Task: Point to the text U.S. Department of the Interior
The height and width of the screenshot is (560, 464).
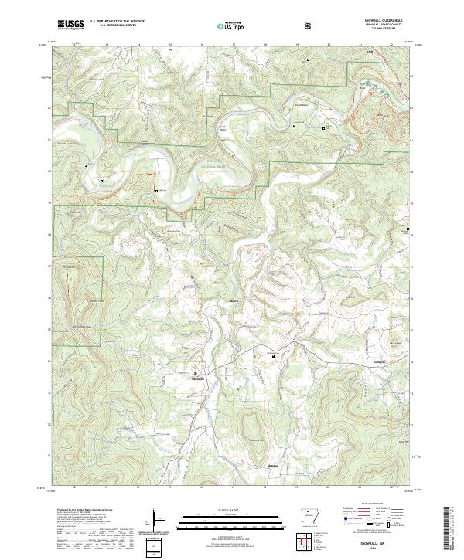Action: click(x=117, y=22)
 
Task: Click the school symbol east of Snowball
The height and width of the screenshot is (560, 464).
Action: click(x=271, y=355)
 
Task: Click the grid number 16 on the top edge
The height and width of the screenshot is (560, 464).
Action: click(x=202, y=45)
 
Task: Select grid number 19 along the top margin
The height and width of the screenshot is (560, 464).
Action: click(x=297, y=45)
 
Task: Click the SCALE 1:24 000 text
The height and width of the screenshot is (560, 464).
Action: click(x=231, y=507)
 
